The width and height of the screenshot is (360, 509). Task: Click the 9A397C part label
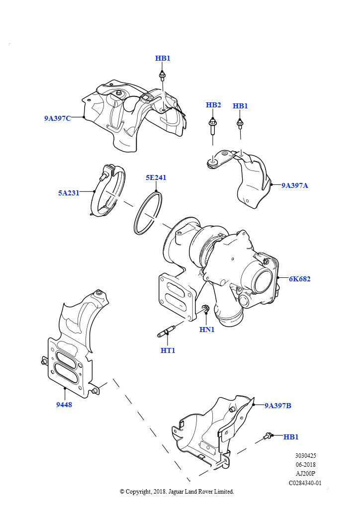tap(58, 118)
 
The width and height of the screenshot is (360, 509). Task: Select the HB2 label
tap(213, 105)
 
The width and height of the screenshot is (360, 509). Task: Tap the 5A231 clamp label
tap(69, 193)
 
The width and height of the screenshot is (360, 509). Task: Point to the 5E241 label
tap(156, 177)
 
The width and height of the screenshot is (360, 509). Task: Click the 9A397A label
tap(295, 185)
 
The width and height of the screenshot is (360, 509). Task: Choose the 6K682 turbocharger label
tap(300, 279)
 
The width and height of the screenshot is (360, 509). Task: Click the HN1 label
tap(207, 330)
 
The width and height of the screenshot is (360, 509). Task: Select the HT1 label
tap(168, 350)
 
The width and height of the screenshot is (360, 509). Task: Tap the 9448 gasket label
tap(64, 405)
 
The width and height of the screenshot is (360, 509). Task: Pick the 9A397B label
tap(278, 406)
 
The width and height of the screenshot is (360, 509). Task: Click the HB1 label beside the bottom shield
tap(291, 437)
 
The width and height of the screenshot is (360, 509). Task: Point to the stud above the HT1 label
tap(168, 330)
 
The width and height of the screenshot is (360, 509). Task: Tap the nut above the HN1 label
tap(205, 311)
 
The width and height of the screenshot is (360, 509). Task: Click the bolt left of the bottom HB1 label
tap(269, 436)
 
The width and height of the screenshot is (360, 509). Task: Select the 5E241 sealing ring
tap(148, 212)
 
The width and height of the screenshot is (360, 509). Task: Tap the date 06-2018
tap(306, 465)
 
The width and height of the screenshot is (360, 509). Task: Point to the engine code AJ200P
tap(306, 474)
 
